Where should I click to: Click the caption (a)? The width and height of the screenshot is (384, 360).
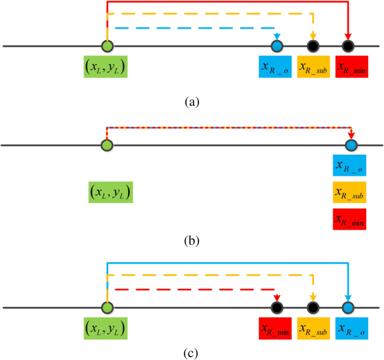[x=192, y=101]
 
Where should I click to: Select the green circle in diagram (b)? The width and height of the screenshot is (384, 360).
[x=107, y=146]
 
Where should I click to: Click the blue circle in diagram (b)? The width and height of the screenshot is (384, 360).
[x=351, y=146]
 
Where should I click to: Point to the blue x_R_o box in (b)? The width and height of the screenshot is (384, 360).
[x=349, y=165]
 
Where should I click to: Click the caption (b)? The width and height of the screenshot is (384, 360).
[x=192, y=242]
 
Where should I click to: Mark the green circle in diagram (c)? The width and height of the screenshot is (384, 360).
[x=106, y=308]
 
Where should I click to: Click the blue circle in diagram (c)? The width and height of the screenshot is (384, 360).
[x=349, y=308]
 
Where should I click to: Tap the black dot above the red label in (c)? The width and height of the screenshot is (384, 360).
[x=276, y=308]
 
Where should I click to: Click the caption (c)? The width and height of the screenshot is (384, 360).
[x=192, y=353]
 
